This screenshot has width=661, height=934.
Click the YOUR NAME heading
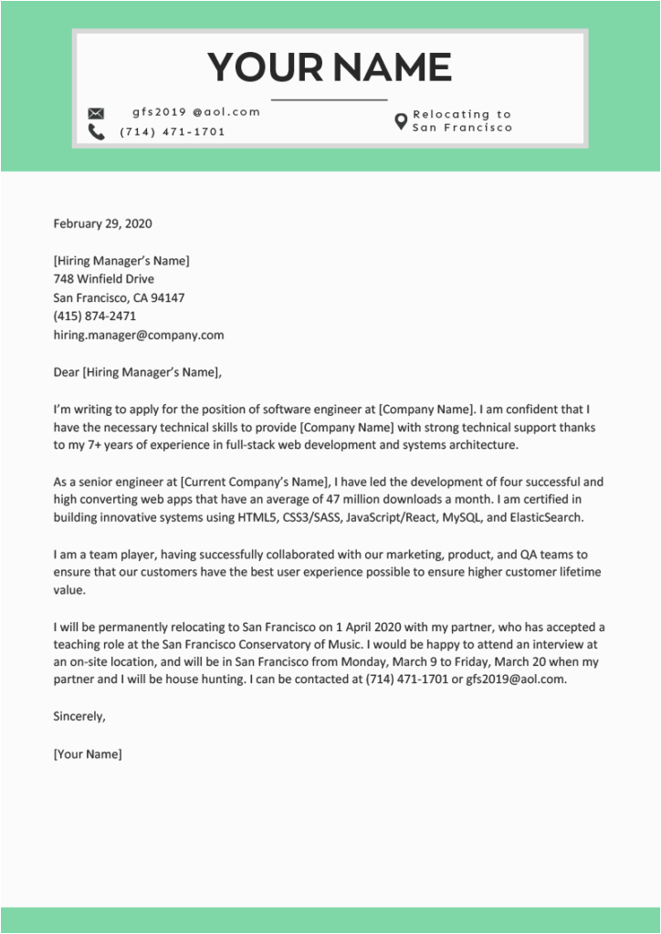(330, 67)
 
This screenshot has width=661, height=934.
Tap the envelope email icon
(96, 113)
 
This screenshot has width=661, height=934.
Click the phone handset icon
(96, 132)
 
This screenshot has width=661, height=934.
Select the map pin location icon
(400, 121)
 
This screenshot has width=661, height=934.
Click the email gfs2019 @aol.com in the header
(196, 112)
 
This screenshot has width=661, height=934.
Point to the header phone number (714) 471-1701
(172, 132)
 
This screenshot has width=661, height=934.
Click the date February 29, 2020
(102, 223)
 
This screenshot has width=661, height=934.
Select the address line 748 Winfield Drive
(103, 279)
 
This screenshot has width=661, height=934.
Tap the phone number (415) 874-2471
(95, 317)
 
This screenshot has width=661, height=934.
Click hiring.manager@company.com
(139, 335)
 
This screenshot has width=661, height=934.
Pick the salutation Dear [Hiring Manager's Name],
(138, 372)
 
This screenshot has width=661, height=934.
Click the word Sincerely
(79, 716)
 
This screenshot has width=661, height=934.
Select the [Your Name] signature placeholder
(88, 754)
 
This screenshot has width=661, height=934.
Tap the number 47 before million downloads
(360, 500)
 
